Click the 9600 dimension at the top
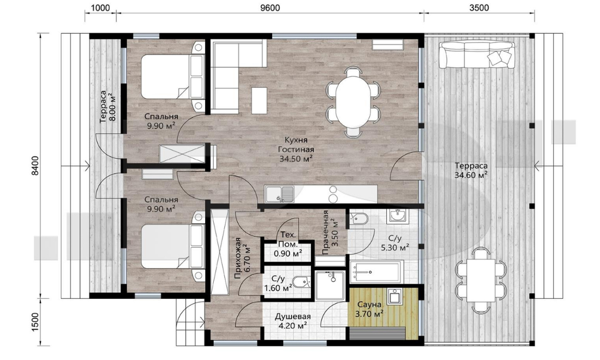tap(270, 8)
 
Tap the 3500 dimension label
tap(479, 8)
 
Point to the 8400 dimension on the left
tap(35, 166)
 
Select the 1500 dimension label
tap(35, 322)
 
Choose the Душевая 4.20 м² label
tap(292, 321)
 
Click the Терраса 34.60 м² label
tap(471, 171)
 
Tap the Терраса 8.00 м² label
tap(107, 107)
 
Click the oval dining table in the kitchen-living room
tap(353, 101)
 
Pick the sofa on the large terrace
tap(477, 55)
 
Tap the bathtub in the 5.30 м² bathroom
tap(376, 272)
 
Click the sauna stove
tap(394, 297)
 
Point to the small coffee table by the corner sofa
tap(259, 100)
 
